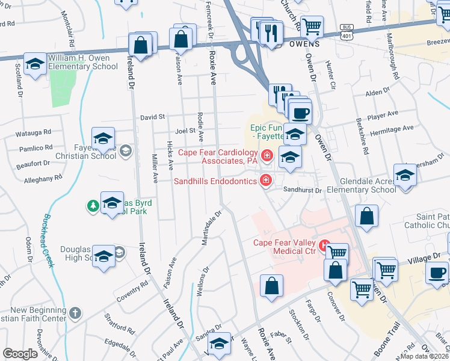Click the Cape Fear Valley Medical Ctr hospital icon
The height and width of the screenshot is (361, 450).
(x=325, y=245)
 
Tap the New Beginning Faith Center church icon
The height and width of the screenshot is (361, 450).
(x=75, y=313)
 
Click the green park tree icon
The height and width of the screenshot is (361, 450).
(x=93, y=206)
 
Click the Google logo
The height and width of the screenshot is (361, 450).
(x=20, y=354)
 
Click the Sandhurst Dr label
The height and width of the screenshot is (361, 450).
(x=303, y=190)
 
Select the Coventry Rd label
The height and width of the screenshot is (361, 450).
(x=133, y=290)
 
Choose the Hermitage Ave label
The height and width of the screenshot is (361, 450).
(x=392, y=129)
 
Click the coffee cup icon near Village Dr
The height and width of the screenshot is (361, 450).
(x=436, y=273)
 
